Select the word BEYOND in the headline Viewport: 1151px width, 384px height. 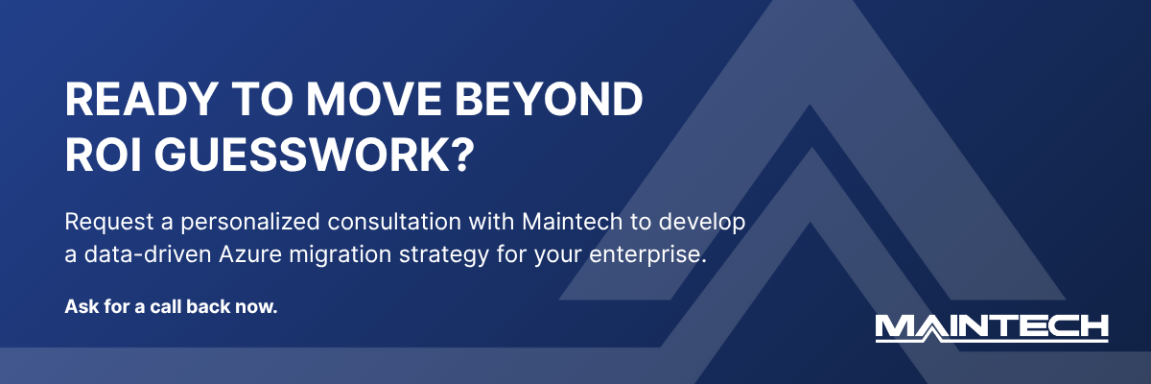[555, 101]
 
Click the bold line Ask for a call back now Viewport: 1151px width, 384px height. [171, 308]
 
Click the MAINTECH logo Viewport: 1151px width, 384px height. [992, 326]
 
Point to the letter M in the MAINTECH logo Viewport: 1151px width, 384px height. [900, 326]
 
